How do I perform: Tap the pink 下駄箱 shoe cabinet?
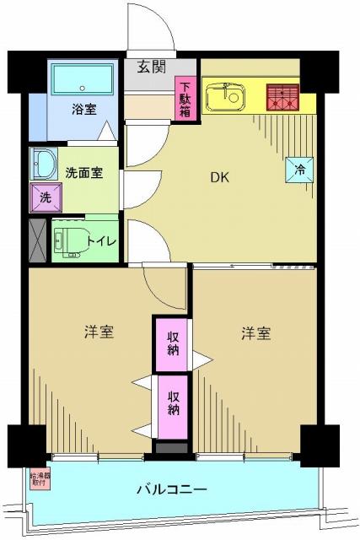[185, 99]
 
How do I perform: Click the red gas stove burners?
[282, 97]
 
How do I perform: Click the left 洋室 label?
[99, 333]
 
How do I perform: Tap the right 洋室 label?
[255, 333]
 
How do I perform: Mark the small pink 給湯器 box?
[38, 478]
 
